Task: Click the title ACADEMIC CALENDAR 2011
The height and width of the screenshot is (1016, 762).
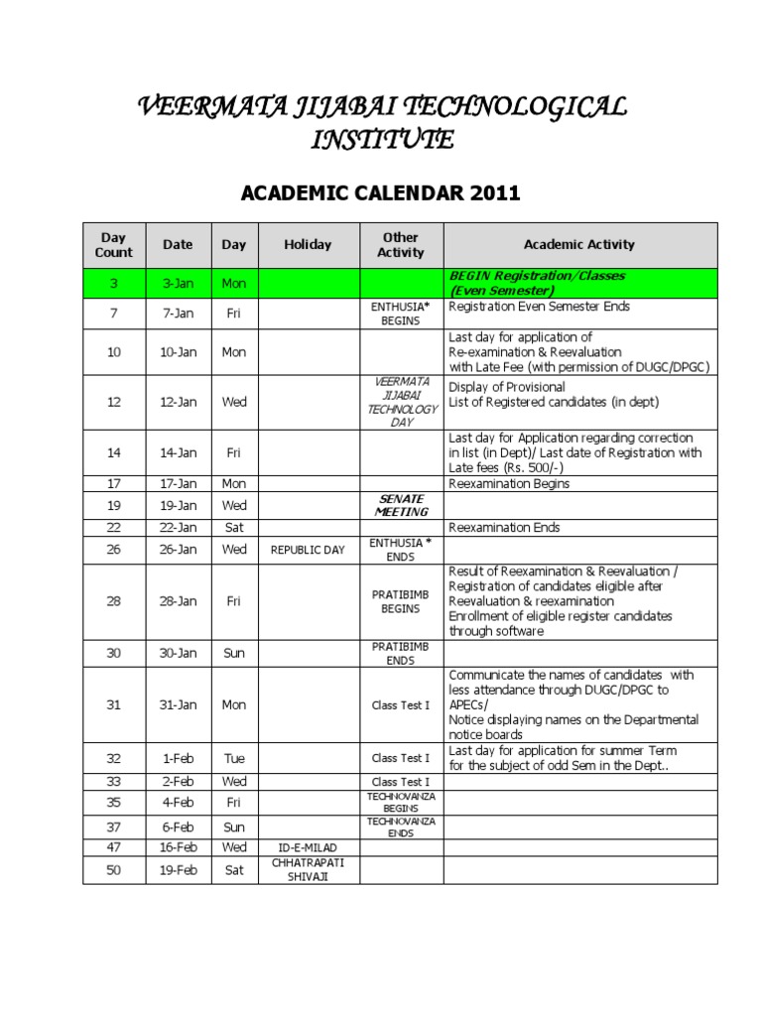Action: (x=381, y=192)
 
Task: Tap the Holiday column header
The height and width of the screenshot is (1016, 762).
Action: (x=308, y=244)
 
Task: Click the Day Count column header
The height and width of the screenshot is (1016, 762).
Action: (x=114, y=244)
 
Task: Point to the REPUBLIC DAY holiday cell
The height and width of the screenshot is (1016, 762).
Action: (x=308, y=550)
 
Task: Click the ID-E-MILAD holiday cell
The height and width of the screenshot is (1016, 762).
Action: (x=308, y=847)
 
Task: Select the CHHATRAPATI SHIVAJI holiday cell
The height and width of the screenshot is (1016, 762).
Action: (x=308, y=870)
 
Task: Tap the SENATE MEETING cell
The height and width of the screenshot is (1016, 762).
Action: (x=401, y=505)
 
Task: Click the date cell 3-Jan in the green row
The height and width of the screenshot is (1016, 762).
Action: (x=179, y=283)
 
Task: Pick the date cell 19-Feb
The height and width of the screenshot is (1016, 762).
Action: (x=179, y=870)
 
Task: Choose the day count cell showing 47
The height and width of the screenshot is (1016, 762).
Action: (x=114, y=847)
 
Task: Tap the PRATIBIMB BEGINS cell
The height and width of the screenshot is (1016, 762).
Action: (x=401, y=601)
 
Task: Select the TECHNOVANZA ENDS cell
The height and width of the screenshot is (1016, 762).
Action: (x=401, y=826)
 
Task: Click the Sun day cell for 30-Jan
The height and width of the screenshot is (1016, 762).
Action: (x=234, y=653)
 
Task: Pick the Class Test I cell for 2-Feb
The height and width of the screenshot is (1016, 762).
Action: (x=401, y=783)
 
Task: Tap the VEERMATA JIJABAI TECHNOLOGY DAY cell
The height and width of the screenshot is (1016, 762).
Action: (x=401, y=402)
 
